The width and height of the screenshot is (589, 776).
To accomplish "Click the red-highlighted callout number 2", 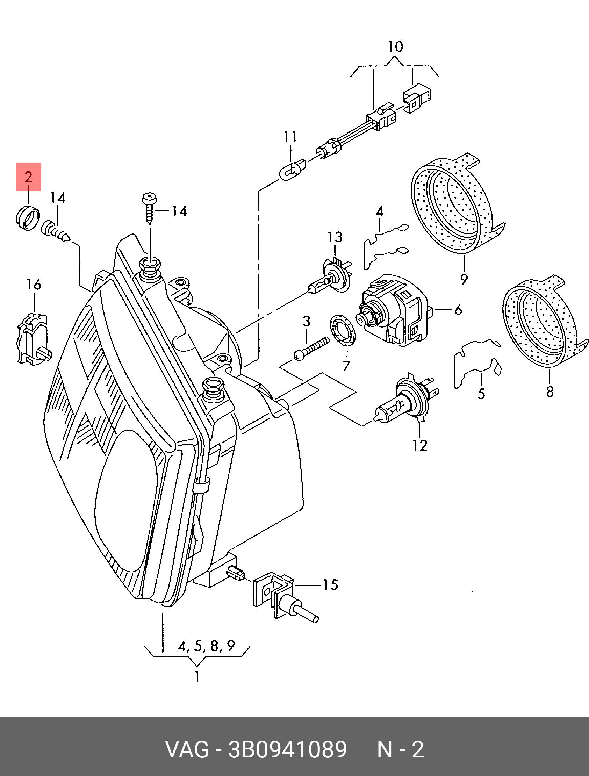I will pos(28,177).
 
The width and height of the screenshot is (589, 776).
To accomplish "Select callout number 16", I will pos(34,284).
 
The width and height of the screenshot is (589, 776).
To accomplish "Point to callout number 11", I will pos(290,137).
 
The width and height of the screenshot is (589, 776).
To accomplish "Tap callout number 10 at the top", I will pos(395,46).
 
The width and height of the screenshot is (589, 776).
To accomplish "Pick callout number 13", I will pos(335,237).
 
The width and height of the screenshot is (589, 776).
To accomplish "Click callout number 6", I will pos(458,310).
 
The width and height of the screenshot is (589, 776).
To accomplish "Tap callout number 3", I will pos(307,321).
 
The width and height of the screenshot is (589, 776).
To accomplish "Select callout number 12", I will pos(420,446).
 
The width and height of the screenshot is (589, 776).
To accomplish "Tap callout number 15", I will pos(330,585).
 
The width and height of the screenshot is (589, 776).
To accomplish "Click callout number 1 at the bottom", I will pos(197,676).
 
